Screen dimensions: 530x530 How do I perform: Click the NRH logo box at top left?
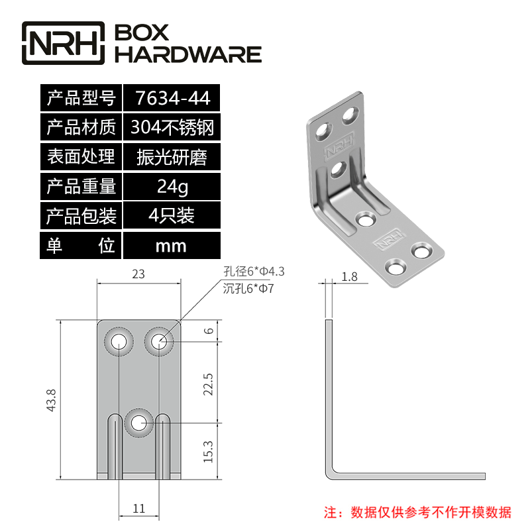pyautogui.click(x=63, y=43)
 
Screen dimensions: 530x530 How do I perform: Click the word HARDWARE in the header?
pyautogui.click(x=188, y=54)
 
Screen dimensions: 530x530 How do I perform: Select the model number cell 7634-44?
pyautogui.click(x=172, y=98)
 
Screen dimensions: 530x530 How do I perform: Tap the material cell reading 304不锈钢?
pyautogui.click(x=172, y=127)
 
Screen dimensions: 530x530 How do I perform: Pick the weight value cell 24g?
pyautogui.click(x=172, y=186)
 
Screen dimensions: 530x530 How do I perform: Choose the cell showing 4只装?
pyautogui.click(x=172, y=216)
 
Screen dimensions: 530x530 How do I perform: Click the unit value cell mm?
pyautogui.click(x=172, y=246)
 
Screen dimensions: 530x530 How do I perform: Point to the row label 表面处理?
pyautogui.click(x=81, y=157)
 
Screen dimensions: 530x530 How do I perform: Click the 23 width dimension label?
pyautogui.click(x=138, y=274)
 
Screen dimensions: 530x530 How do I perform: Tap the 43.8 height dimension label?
pyautogui.click(x=52, y=400)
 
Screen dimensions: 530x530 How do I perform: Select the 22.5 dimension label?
pyautogui.click(x=209, y=384)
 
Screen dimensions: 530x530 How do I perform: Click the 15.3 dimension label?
pyautogui.click(x=209, y=452)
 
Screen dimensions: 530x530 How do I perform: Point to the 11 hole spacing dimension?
pyautogui.click(x=139, y=508)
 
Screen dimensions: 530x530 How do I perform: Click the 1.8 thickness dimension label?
pyautogui.click(x=350, y=277)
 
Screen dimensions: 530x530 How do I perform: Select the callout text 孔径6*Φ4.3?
pyautogui.click(x=254, y=272)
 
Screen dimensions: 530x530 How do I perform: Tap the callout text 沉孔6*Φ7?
pyautogui.click(x=248, y=289)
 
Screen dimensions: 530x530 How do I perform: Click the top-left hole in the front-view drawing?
pyautogui.click(x=119, y=342)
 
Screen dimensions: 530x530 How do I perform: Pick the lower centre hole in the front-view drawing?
pyautogui.click(x=138, y=423)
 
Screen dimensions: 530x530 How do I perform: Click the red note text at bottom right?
pyautogui.click(x=417, y=513)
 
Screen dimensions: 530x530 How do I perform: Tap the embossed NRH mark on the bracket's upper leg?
pyautogui.click(x=339, y=146)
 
